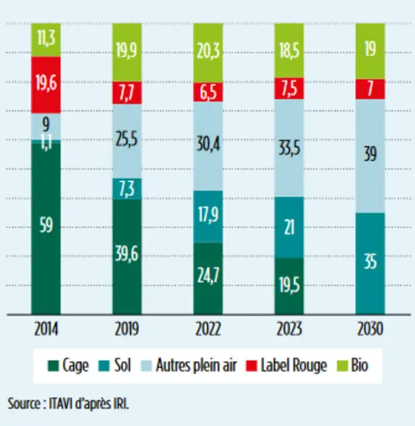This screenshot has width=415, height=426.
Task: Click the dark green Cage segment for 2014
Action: (x=46, y=229)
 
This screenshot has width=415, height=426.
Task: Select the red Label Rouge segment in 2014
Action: (x=46, y=85)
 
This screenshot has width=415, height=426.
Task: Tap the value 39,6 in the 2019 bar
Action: (x=126, y=254)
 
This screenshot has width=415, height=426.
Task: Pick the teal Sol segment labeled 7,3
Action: (x=127, y=189)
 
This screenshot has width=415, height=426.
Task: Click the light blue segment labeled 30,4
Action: (x=208, y=146)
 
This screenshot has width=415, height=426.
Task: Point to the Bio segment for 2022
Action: (x=208, y=53)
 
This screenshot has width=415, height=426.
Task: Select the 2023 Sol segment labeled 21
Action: (x=289, y=227)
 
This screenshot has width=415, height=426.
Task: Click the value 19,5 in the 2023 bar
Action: (x=289, y=285)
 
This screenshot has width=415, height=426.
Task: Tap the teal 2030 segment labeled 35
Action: (x=370, y=264)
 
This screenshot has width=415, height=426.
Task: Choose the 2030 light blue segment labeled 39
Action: (x=370, y=156)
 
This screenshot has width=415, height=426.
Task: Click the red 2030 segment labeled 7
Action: (x=370, y=89)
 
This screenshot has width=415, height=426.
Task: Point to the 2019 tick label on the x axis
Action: (x=127, y=329)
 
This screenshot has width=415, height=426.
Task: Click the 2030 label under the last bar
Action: (x=370, y=329)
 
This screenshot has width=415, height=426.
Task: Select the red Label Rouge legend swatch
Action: (x=251, y=365)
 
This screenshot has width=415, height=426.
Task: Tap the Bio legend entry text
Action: (x=360, y=365)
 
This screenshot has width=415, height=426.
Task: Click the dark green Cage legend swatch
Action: (x=53, y=365)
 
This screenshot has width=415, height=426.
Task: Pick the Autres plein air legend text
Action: (x=196, y=365)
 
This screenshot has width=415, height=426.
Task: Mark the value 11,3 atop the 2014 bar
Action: (x=46, y=38)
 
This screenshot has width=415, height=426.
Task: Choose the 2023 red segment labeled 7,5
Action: (x=289, y=89)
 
